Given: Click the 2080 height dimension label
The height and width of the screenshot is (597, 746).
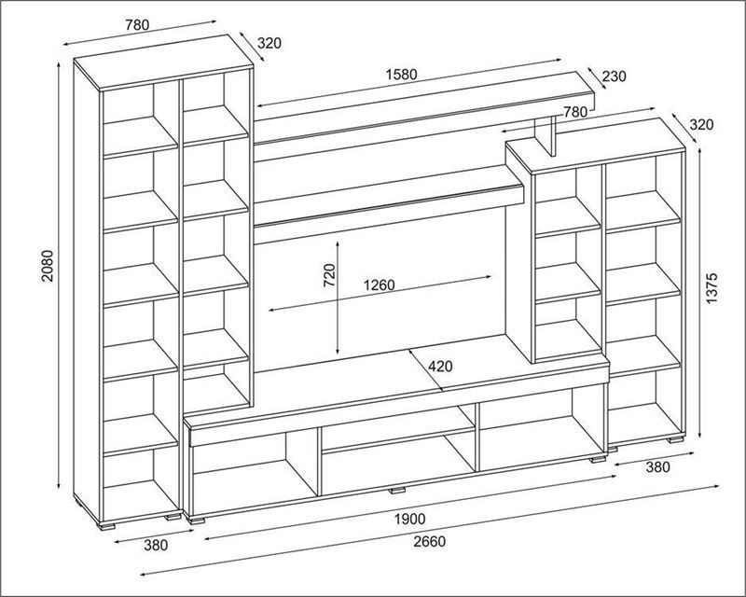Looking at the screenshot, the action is tap(48, 266).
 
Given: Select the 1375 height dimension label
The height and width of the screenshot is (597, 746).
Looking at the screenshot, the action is tap(712, 289).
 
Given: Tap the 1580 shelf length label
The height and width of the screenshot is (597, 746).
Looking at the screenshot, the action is tap(402, 75).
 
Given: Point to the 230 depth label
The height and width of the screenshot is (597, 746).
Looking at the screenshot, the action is tap(615, 76).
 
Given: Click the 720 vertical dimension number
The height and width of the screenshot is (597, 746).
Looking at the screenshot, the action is tap(330, 275).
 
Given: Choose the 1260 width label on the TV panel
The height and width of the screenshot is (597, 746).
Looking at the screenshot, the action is tap(380, 285).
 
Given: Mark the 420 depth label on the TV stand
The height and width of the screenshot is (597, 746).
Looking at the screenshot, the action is tap(440, 366).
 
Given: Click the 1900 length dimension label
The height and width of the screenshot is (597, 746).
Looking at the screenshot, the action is tap(409, 519).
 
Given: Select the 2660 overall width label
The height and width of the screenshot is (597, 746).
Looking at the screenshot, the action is tap(430, 541).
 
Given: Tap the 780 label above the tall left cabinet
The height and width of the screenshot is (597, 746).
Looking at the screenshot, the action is tap(137, 25).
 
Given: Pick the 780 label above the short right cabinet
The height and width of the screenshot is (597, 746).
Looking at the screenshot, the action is tap(575, 112).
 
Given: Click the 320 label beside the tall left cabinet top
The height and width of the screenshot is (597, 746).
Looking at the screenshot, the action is tap(269, 43).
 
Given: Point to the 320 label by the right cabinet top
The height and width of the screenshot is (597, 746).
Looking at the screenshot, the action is tap(702, 125).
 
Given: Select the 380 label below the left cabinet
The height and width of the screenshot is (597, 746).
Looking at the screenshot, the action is tap(156, 545).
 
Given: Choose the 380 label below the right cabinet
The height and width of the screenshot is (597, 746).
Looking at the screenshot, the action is tap(657, 467).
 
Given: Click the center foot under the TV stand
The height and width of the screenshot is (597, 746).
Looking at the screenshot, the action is tap(397, 490).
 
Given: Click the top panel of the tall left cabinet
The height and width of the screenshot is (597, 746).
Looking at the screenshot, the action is tap(163, 62).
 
